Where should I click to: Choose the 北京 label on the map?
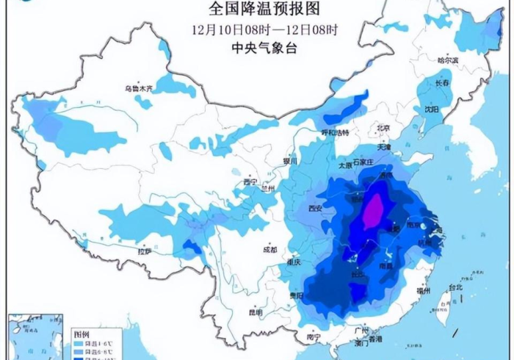(382, 128)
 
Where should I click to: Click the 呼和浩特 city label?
(339, 133)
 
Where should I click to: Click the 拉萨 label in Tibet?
(145, 251)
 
